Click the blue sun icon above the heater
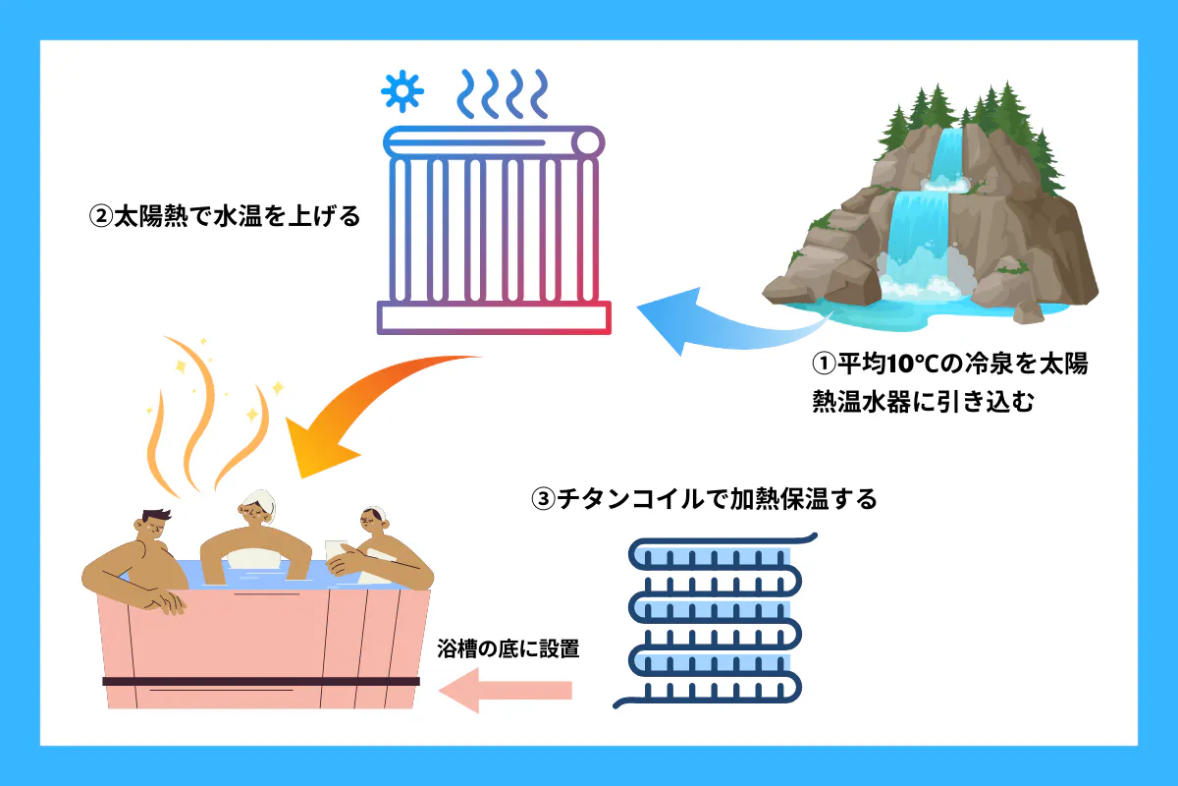tap(402, 91)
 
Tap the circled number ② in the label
tap(100, 216)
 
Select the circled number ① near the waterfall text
tap(824, 364)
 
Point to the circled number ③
tap(543, 499)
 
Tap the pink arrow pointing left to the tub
tap(505, 690)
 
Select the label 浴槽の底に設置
tap(509, 648)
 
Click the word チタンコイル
tap(629, 499)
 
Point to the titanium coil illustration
tap(716, 621)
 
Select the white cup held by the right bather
tap(337, 554)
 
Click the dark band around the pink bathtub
tap(261, 681)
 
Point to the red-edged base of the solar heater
tap(494, 317)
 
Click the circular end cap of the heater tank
tap(587, 142)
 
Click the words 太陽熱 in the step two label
tap(151, 216)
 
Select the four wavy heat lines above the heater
tap(503, 93)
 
